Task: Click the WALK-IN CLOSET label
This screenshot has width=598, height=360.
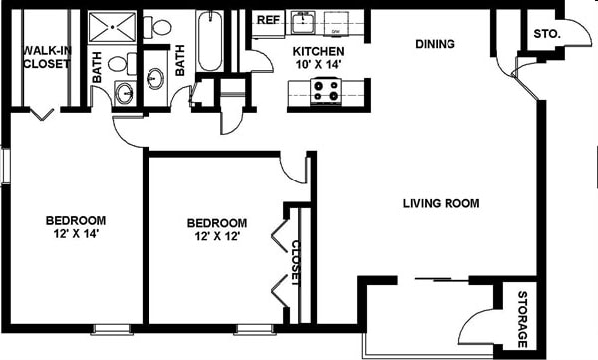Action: click(x=46, y=56)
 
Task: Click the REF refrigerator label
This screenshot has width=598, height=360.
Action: click(x=267, y=20)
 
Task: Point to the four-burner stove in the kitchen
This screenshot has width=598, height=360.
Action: click(x=326, y=92)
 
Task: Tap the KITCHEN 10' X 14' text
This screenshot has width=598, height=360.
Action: click(x=318, y=58)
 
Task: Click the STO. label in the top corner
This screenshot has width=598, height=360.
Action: click(x=547, y=34)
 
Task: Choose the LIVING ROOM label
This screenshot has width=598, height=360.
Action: click(x=441, y=204)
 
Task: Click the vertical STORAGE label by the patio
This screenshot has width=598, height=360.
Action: click(x=522, y=319)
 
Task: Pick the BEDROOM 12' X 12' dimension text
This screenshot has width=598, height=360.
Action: click(x=217, y=229)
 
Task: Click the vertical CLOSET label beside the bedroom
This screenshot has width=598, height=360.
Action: click(x=296, y=263)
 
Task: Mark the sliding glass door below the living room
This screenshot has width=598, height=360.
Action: click(x=440, y=279)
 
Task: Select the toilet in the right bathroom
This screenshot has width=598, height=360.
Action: click(x=160, y=28)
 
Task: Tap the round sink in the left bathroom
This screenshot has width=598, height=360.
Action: click(x=124, y=93)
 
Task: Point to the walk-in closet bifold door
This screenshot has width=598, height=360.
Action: click(x=41, y=114)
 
